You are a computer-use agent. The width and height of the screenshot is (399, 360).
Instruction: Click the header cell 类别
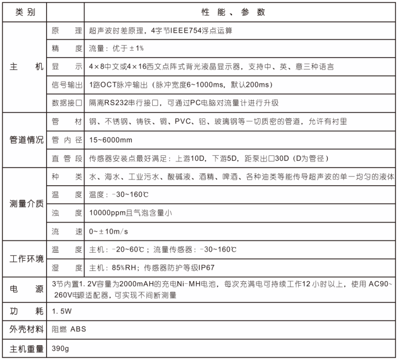(25, 12)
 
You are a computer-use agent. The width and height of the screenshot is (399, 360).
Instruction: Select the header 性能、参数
(233, 12)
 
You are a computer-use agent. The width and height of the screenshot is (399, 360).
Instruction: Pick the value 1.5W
(62, 313)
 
